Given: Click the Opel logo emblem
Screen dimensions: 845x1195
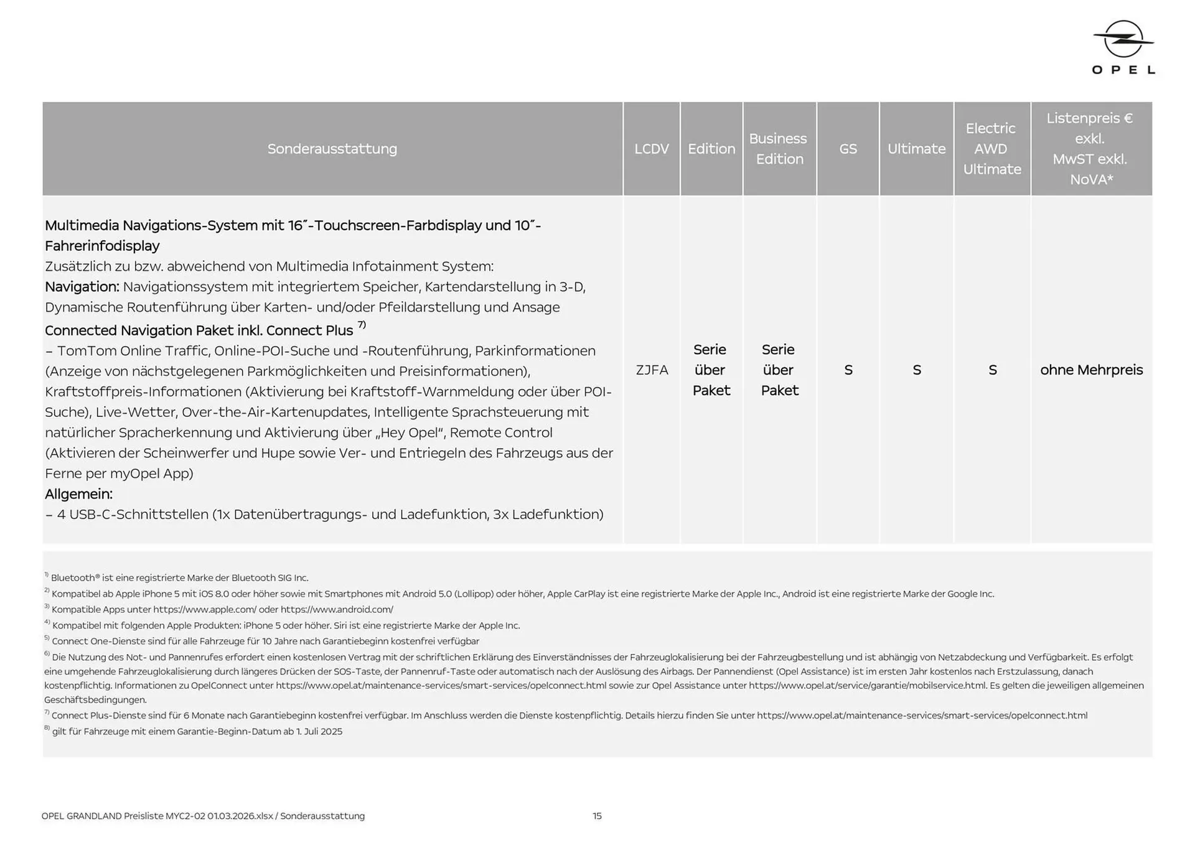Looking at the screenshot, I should [x=1123, y=39].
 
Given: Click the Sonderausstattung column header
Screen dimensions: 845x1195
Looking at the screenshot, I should [x=332, y=149].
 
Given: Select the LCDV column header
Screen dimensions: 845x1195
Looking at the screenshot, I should [x=651, y=149].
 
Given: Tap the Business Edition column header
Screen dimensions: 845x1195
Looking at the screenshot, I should [x=779, y=149].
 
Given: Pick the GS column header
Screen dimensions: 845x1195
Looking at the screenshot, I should [x=848, y=149].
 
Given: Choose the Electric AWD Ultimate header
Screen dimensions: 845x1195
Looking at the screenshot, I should [x=991, y=149].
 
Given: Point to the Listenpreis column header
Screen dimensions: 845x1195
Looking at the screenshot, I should [x=1090, y=149].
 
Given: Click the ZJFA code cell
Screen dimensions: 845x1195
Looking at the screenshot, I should [x=651, y=370].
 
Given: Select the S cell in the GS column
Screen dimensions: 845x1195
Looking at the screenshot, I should [x=848, y=370].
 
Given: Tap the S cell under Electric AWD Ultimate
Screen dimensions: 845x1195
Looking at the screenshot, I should [x=992, y=370].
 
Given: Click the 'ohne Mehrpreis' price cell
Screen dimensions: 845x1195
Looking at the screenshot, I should [x=1091, y=370].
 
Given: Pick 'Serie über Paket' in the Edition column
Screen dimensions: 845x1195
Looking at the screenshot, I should [x=711, y=370].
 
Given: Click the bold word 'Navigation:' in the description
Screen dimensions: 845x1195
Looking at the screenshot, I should [x=82, y=287].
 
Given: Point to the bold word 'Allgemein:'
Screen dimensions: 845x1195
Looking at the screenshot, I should [x=78, y=494].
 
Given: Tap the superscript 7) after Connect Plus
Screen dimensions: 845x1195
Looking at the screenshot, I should [x=362, y=325].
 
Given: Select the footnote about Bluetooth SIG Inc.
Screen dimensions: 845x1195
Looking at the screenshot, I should [x=179, y=578].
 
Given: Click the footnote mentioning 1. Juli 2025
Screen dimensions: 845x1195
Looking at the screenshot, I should [x=197, y=732].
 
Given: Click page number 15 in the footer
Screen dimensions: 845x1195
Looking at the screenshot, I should [x=597, y=816].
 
